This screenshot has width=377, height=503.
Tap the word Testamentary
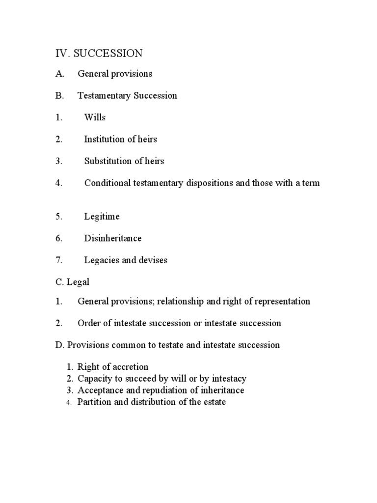coord(105,96)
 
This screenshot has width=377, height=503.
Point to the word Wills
coord(95,117)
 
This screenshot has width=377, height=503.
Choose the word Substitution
coord(108,161)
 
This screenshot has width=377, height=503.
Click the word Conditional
coord(108,183)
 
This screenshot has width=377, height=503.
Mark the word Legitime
coord(102,217)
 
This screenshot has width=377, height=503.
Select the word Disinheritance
coord(113,238)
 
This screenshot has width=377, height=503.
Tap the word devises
coord(153,260)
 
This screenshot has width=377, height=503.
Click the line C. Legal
coord(72,282)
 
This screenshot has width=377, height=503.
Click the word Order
coord(89,323)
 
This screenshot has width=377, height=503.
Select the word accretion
coord(130,367)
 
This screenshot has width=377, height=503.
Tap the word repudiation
coord(157,391)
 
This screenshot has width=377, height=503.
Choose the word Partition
coord(95,402)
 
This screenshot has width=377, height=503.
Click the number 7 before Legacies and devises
coord(58,260)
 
